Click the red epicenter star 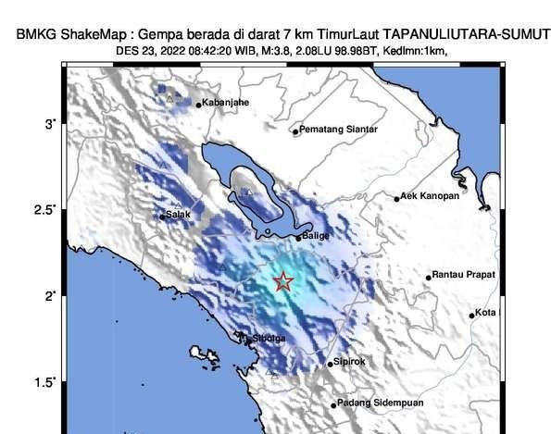click(x=284, y=282)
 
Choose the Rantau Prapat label click(x=464, y=276)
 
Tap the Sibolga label click(x=269, y=339)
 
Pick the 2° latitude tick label click(x=52, y=296)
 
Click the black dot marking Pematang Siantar click(x=295, y=131)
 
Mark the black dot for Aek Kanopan click(x=397, y=198)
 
